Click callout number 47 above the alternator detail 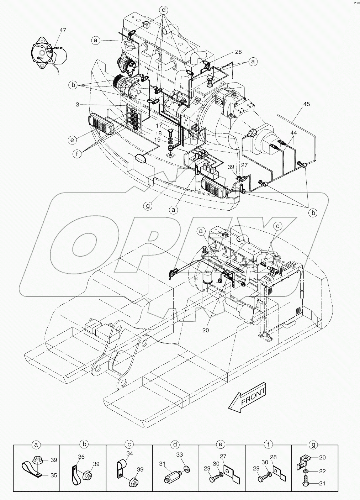[x=63, y=31]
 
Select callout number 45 [x=306, y=104]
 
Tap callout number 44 [x=293, y=132]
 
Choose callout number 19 [x=159, y=140]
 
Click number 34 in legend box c [x=129, y=454]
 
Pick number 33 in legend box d [x=180, y=454]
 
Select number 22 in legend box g [x=322, y=471]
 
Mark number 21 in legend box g [x=322, y=483]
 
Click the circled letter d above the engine [x=164, y=10]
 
